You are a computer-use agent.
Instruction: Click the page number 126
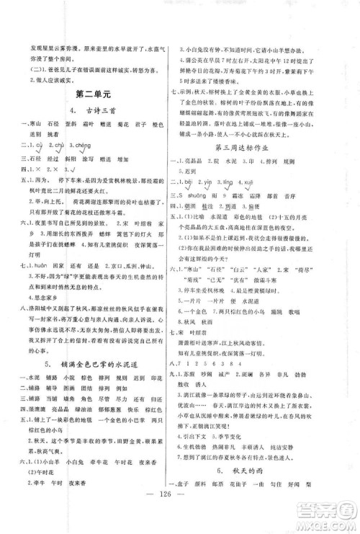pyautogui.click(x=180, y=516)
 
